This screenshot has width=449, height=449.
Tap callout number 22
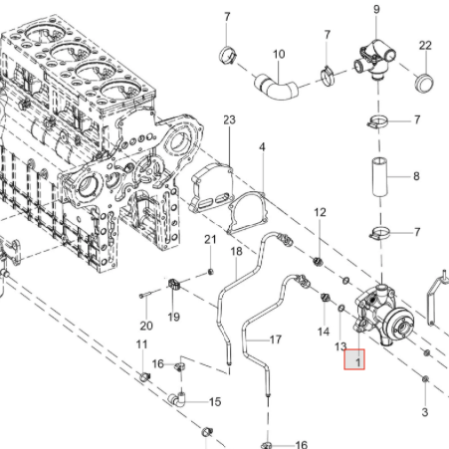coord(425,45)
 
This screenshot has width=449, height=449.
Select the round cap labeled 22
coord(424,83)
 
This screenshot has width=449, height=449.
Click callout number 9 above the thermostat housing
coord(376,9)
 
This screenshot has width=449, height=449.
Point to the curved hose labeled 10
coord(277,88)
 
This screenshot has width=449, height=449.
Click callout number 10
coord(279,54)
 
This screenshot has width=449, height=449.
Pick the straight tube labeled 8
coord(379,177)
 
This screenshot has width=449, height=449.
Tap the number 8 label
coord(416,176)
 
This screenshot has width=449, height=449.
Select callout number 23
coord(229,120)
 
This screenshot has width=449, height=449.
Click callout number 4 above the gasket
coord(262,147)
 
